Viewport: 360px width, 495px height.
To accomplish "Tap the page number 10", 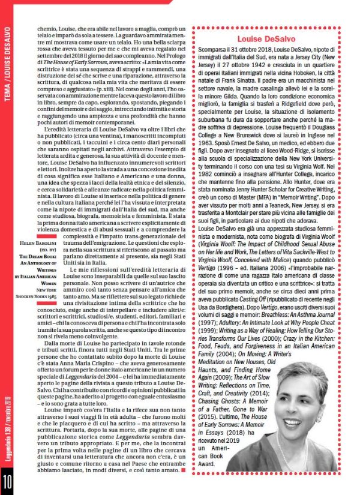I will coord(8,481).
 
